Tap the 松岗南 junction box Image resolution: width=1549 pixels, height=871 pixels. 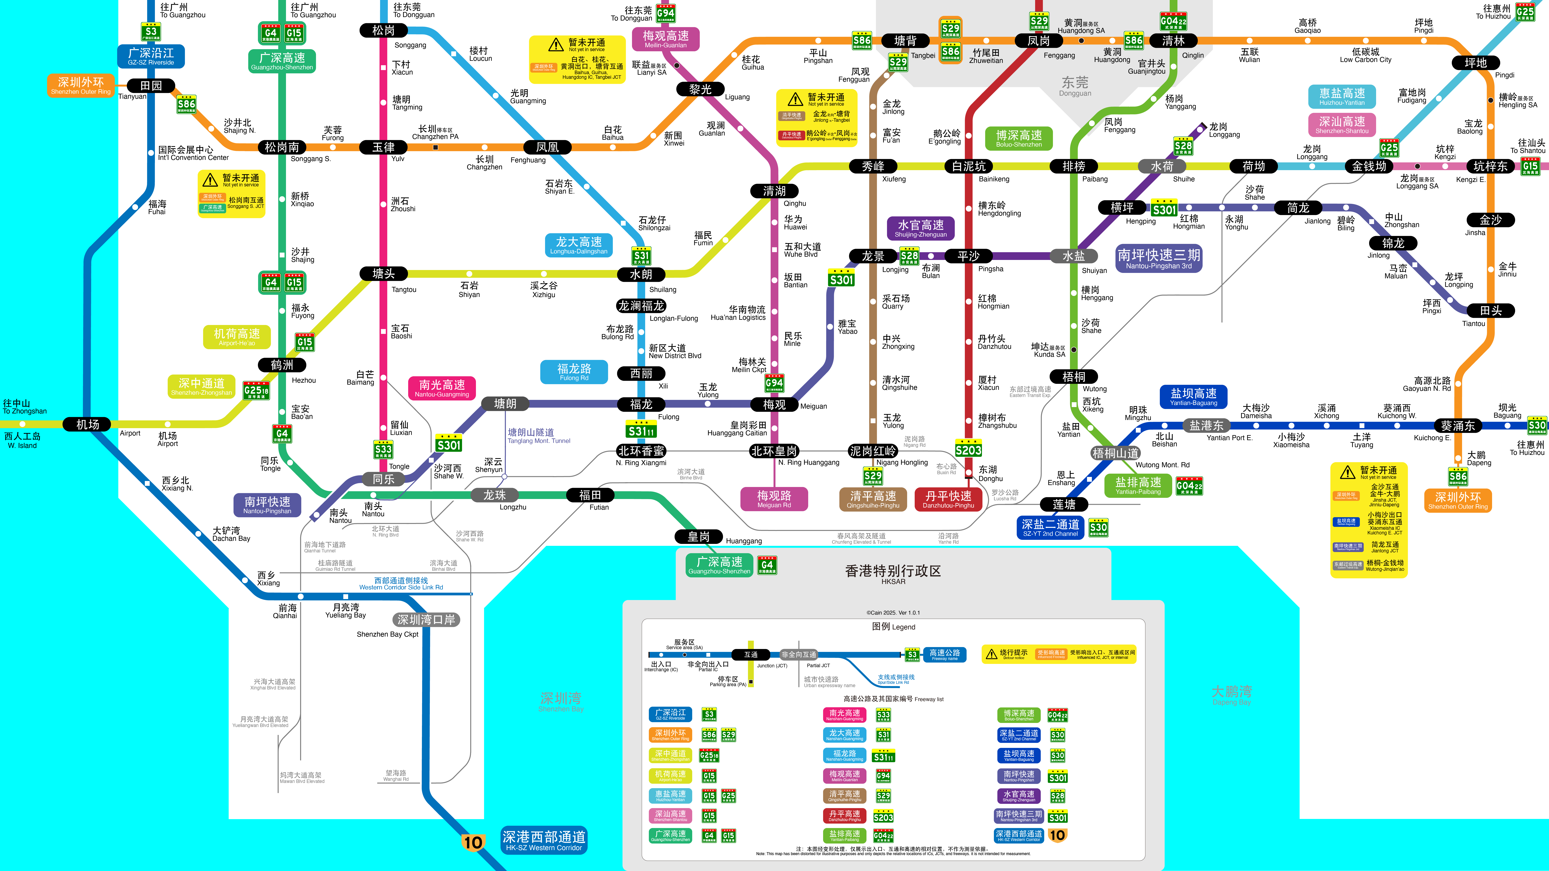(x=282, y=147)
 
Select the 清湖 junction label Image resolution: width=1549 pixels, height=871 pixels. (x=774, y=191)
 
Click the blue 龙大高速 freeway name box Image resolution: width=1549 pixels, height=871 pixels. (x=579, y=245)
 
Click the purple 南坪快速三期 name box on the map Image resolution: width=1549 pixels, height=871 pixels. (x=1159, y=258)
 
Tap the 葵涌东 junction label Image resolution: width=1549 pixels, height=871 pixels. (x=1458, y=426)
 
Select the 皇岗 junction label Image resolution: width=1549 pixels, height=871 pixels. (x=699, y=536)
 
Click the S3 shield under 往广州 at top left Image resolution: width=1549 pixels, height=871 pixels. (x=151, y=32)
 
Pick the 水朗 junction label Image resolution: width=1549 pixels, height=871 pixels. (x=641, y=274)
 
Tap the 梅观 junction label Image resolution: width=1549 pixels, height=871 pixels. (x=774, y=405)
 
